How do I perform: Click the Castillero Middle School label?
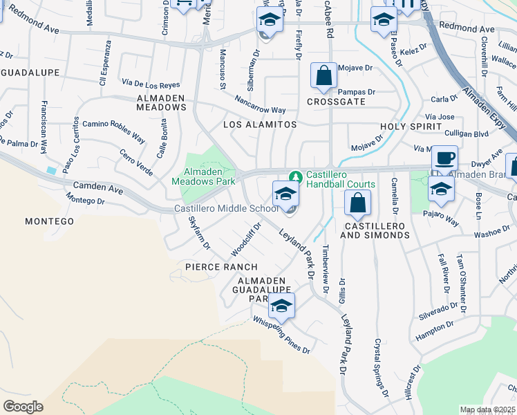pos(226,209)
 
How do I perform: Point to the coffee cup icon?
pos(444,158)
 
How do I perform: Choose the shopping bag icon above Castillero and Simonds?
pos(357,204)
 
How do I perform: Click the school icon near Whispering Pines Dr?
pos(281,306)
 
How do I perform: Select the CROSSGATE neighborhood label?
pos(336,102)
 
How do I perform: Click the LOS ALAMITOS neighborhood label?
pos(260,124)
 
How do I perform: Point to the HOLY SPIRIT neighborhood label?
pos(411,127)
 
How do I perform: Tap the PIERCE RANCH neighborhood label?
pos(221,267)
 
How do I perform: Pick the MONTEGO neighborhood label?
pos(49,221)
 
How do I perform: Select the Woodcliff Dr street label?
pos(247,237)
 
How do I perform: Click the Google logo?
pos(23,407)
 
